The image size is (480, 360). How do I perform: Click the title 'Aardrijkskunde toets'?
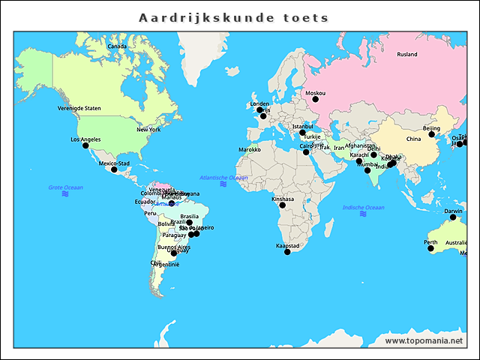234,17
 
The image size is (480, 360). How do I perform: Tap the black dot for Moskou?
315,99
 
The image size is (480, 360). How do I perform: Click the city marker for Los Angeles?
85,145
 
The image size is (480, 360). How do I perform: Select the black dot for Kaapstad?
287,252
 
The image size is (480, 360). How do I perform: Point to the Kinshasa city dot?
283,205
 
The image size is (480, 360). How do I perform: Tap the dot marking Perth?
431,248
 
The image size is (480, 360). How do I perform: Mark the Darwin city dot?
452,217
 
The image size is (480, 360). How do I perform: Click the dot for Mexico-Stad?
114,169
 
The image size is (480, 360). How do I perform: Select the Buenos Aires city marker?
174,253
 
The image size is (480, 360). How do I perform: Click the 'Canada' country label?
117,46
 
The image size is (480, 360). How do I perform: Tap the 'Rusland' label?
407,55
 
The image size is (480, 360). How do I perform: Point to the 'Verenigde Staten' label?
79,108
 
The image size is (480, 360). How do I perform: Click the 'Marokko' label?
249,149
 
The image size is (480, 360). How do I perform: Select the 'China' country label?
413,139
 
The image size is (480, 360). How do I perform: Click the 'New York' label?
148,129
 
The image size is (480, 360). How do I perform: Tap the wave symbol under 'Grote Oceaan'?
65,194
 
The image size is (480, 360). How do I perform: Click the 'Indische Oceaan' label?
363,207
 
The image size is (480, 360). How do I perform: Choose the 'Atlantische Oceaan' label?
223,177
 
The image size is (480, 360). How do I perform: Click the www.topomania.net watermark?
424,340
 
